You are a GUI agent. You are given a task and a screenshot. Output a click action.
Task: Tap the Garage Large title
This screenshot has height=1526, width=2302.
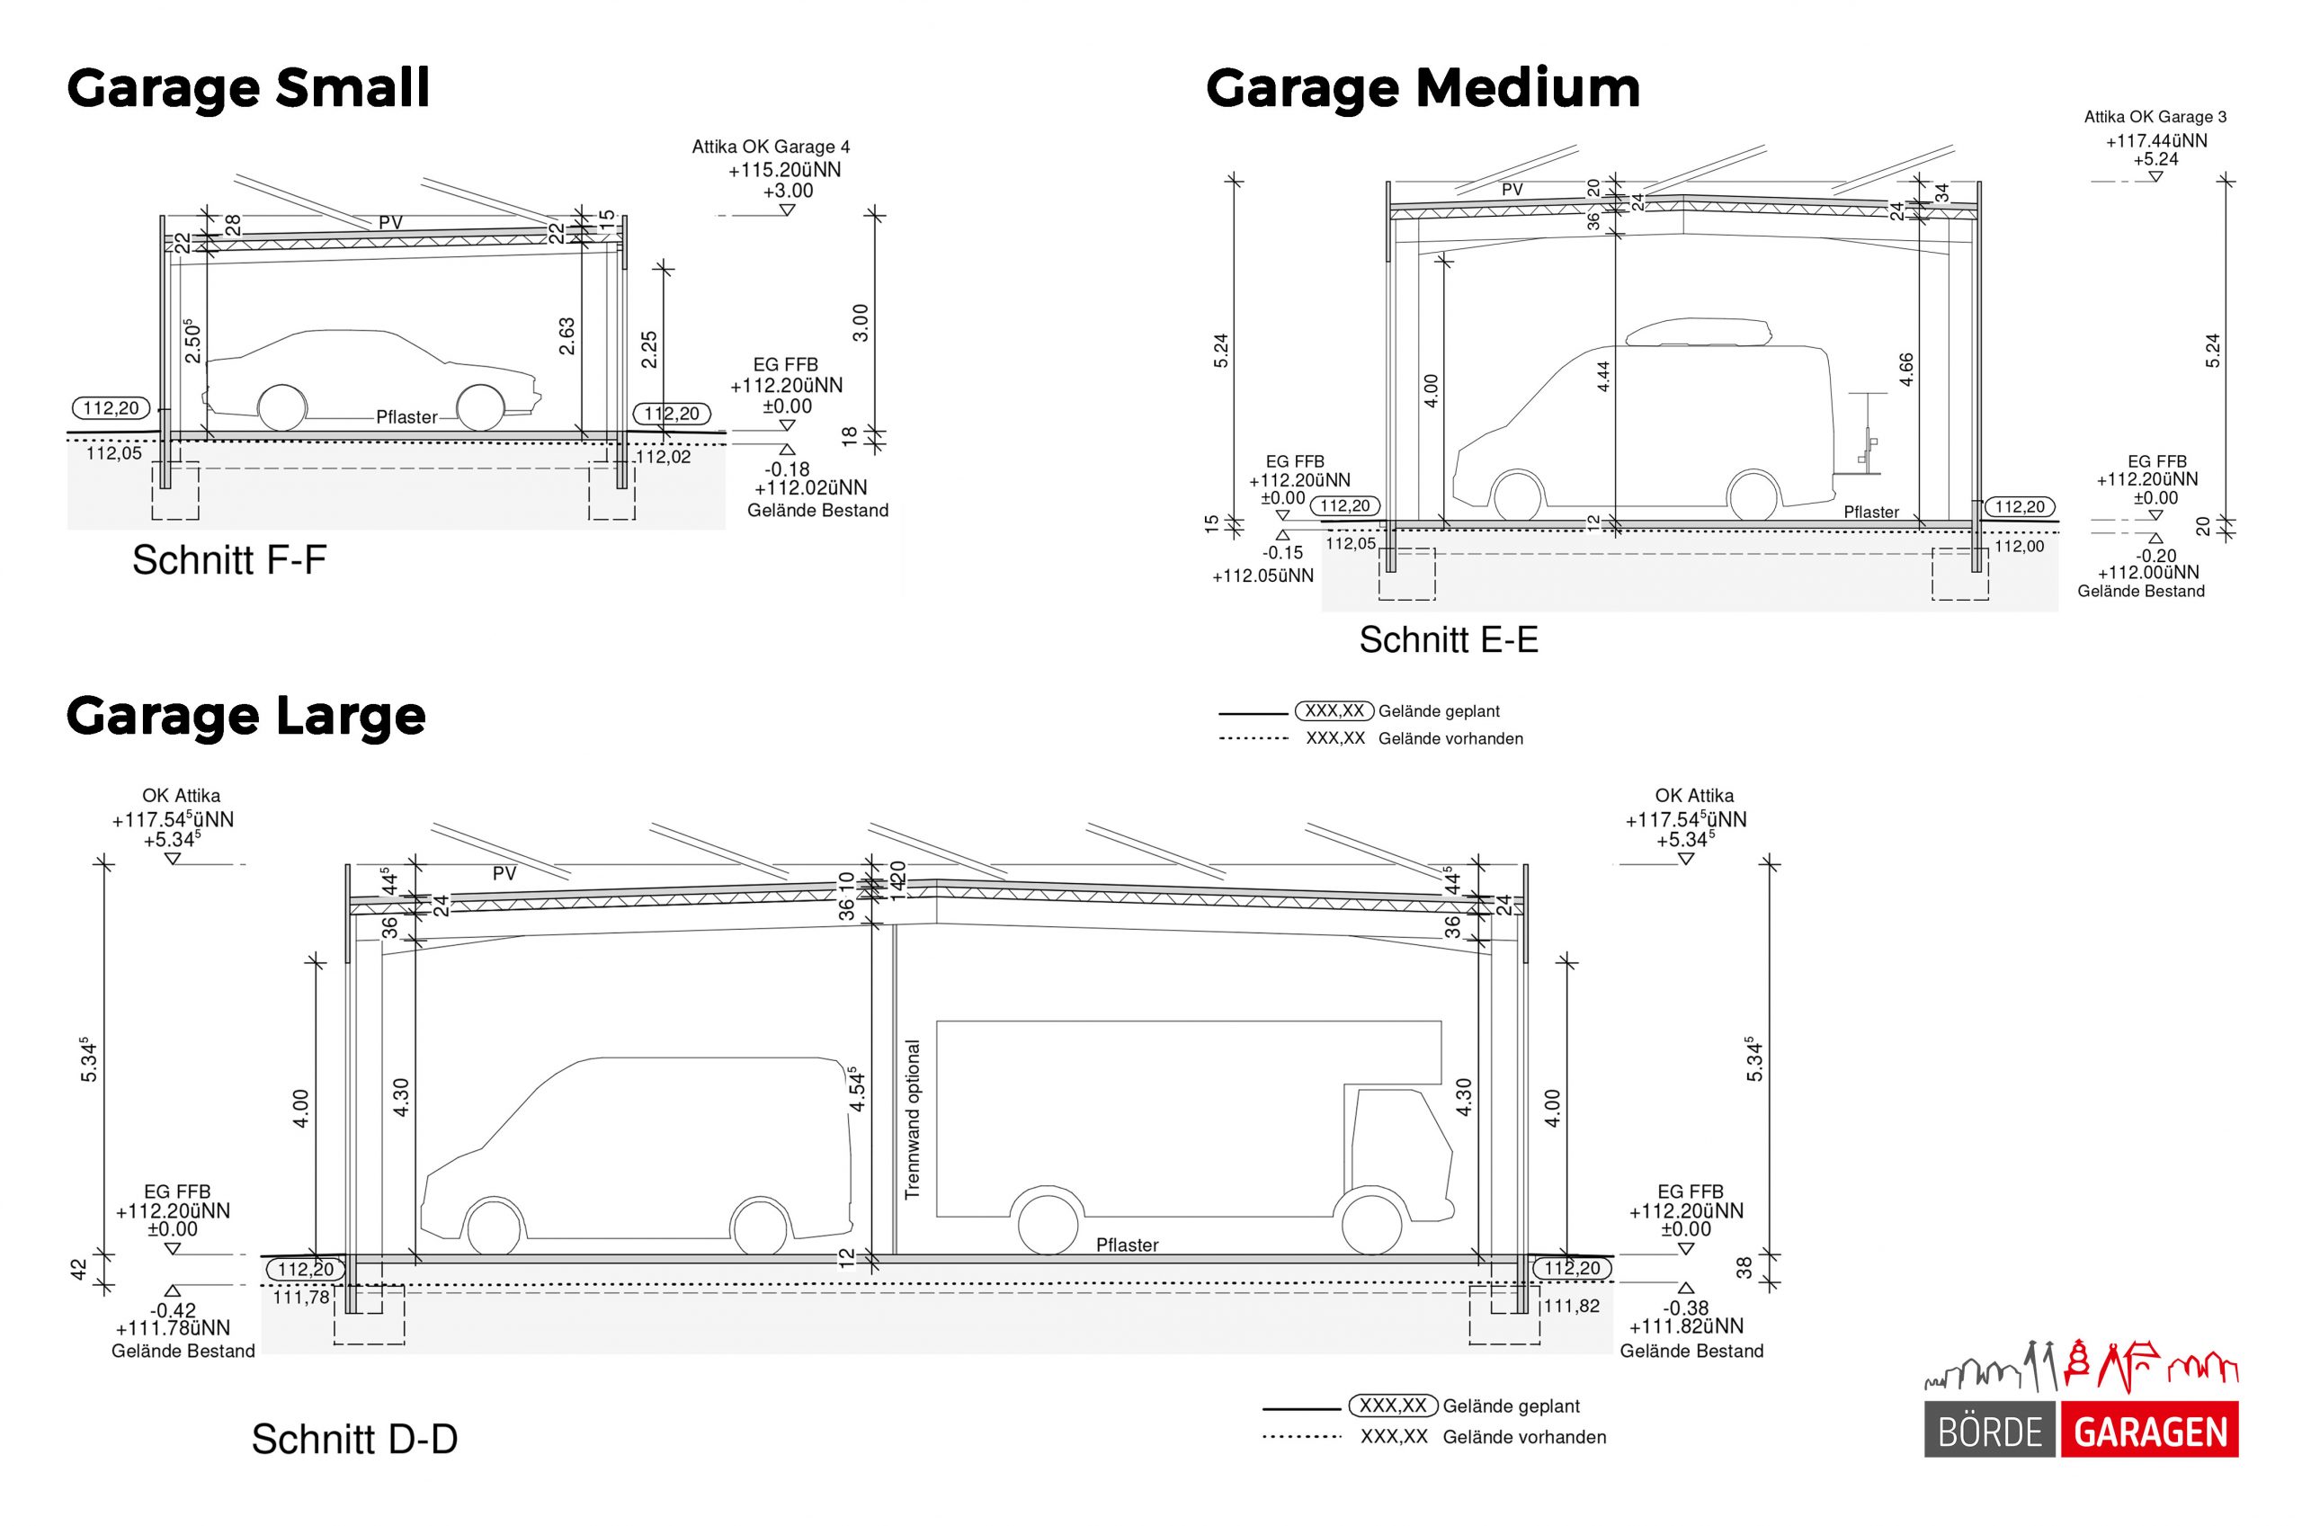point(246,717)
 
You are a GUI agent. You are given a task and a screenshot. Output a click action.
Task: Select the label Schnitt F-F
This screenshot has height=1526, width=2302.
point(228,560)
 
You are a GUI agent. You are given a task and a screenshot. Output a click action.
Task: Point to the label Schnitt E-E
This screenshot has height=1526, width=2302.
point(1448,640)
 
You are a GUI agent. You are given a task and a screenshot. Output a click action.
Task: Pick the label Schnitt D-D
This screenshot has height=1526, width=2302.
point(354,1440)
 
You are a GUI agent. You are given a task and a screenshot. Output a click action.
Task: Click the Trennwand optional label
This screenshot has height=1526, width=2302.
point(912,1120)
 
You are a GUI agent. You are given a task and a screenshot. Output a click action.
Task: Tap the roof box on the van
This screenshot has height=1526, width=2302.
point(1698,333)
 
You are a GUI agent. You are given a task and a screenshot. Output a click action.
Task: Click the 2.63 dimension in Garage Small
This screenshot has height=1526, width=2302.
point(567,335)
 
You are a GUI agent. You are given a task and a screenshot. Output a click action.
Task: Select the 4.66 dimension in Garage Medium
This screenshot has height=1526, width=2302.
point(1906,370)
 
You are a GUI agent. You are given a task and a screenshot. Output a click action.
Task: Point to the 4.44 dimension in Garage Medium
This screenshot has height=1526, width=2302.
point(1603,378)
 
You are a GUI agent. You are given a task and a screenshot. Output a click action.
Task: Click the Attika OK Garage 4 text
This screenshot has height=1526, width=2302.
point(771,147)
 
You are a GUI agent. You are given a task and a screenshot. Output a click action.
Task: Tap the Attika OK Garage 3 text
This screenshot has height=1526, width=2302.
point(2155,117)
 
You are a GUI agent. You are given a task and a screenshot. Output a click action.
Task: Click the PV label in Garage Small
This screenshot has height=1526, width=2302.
point(390,223)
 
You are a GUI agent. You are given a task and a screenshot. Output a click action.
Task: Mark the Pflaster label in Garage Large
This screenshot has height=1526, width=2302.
point(1127,1245)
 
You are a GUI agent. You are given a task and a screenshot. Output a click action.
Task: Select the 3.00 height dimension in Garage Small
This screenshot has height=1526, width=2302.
point(860,323)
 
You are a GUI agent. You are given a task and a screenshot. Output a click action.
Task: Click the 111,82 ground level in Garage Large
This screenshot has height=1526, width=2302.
point(1570,1306)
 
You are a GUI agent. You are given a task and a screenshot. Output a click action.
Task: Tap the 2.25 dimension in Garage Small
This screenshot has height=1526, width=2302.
point(649,351)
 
